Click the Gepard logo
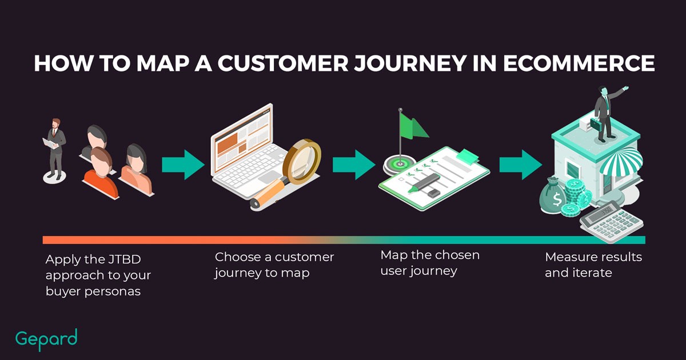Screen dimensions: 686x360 46,339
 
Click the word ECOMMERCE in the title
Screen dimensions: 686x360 579,63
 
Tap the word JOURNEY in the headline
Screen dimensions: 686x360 410,63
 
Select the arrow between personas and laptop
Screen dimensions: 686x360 183,165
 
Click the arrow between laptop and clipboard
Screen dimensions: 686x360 354,165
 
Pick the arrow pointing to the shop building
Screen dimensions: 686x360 521,165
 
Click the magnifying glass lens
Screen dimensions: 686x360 302,162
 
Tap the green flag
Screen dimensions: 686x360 413,126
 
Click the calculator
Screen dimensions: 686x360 611,221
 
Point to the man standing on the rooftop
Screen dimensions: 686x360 606,114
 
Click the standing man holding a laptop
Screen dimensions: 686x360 54,149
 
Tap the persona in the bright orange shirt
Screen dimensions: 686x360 101,173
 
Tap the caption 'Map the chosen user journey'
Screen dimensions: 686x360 430,263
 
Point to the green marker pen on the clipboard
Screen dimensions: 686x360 424,183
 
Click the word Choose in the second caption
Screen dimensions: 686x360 238,257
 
